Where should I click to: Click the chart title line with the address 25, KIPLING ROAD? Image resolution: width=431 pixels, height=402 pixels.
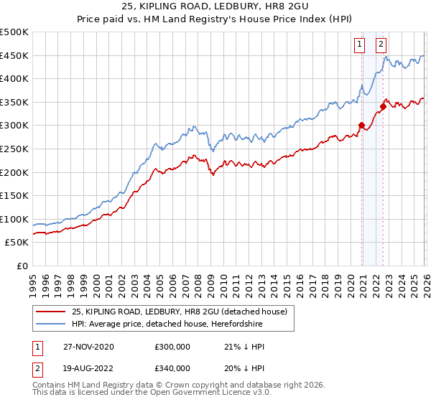coord(215,7)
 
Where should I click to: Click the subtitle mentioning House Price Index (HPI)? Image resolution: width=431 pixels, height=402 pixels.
coord(215,20)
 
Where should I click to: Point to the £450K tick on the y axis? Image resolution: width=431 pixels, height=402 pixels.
coord(15,55)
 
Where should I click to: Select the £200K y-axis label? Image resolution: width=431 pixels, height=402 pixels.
coord(15,172)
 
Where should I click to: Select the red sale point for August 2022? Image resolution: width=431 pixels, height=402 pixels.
coord(383,107)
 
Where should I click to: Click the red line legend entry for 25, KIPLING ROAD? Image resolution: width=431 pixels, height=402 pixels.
coord(180,312)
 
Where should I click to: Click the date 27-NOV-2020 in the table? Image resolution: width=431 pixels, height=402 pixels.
coord(88,347)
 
